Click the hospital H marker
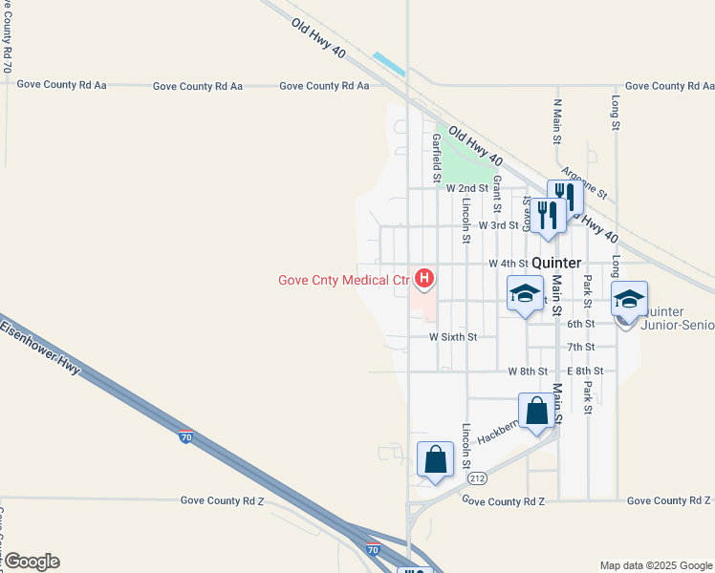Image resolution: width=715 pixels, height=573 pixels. (424, 279)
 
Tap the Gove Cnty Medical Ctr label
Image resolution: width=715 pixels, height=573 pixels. (344, 280)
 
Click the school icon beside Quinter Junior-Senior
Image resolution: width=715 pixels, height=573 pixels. (629, 299)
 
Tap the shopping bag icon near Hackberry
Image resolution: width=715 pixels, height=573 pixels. (537, 412)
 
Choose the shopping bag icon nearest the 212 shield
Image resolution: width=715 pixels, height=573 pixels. (436, 460)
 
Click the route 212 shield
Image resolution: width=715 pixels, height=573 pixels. (478, 477)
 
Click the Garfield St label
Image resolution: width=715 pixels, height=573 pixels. (436, 158)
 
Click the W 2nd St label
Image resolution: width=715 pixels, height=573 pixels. (466, 189)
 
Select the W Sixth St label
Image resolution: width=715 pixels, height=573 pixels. (452, 337)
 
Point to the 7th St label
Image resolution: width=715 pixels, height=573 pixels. (580, 347)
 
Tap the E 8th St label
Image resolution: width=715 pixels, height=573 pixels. (584, 371)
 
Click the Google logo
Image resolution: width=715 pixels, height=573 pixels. (32, 562)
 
